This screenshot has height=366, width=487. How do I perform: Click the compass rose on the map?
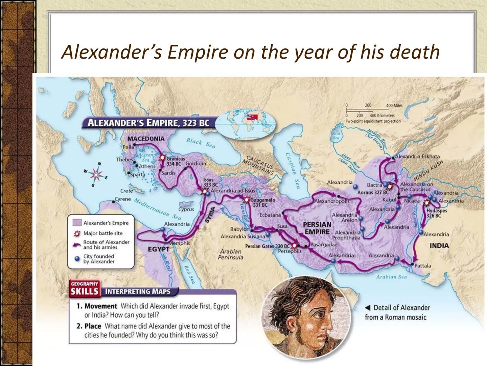pyautogui.click(x=96, y=175)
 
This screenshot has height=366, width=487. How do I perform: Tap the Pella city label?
pyautogui.click(x=128, y=147)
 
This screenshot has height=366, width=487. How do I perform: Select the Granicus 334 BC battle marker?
pyautogui.click(x=162, y=158)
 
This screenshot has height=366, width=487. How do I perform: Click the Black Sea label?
pyautogui.click(x=201, y=143)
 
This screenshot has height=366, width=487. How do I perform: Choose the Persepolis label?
pyautogui.click(x=289, y=251)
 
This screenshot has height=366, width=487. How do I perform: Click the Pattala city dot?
pyautogui.click(x=412, y=264)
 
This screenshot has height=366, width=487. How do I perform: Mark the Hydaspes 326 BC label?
pyautogui.click(x=436, y=213)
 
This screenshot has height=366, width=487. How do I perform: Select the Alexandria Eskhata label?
pyautogui.click(x=417, y=157)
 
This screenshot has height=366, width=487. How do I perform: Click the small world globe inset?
pyautogui.click(x=246, y=124)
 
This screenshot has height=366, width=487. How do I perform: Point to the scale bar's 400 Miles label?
pyautogui.click(x=394, y=105)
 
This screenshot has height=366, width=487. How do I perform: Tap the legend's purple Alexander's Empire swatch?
pyautogui.click(x=77, y=223)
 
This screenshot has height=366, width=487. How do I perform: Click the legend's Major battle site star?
pyautogui.click(x=77, y=233)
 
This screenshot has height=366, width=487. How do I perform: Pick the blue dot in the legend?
pyautogui.click(x=77, y=259)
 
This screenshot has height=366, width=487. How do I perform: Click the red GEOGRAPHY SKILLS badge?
pyautogui.click(x=85, y=289)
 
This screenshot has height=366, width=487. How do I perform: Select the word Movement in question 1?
pyautogui.click(x=101, y=306)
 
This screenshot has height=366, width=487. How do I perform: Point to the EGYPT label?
pyautogui.click(x=159, y=249)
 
